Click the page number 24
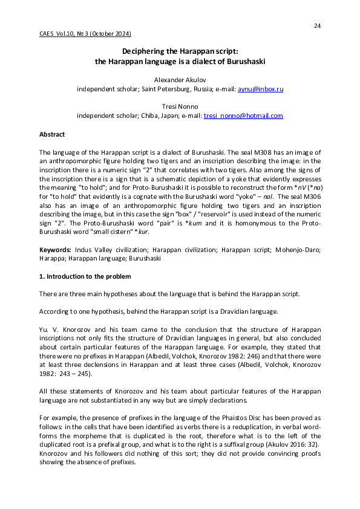(317, 25)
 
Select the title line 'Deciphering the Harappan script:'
(180, 52)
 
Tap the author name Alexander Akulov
(180, 79)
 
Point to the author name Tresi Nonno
(180, 106)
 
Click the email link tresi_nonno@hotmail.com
(243, 115)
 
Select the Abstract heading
(52, 134)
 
